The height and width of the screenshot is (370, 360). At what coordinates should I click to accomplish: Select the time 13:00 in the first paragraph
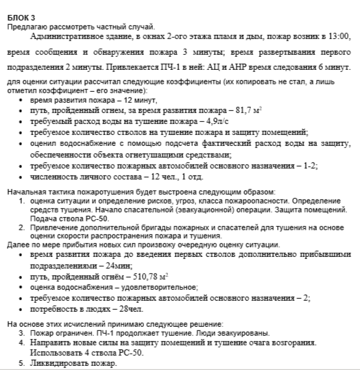337,35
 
